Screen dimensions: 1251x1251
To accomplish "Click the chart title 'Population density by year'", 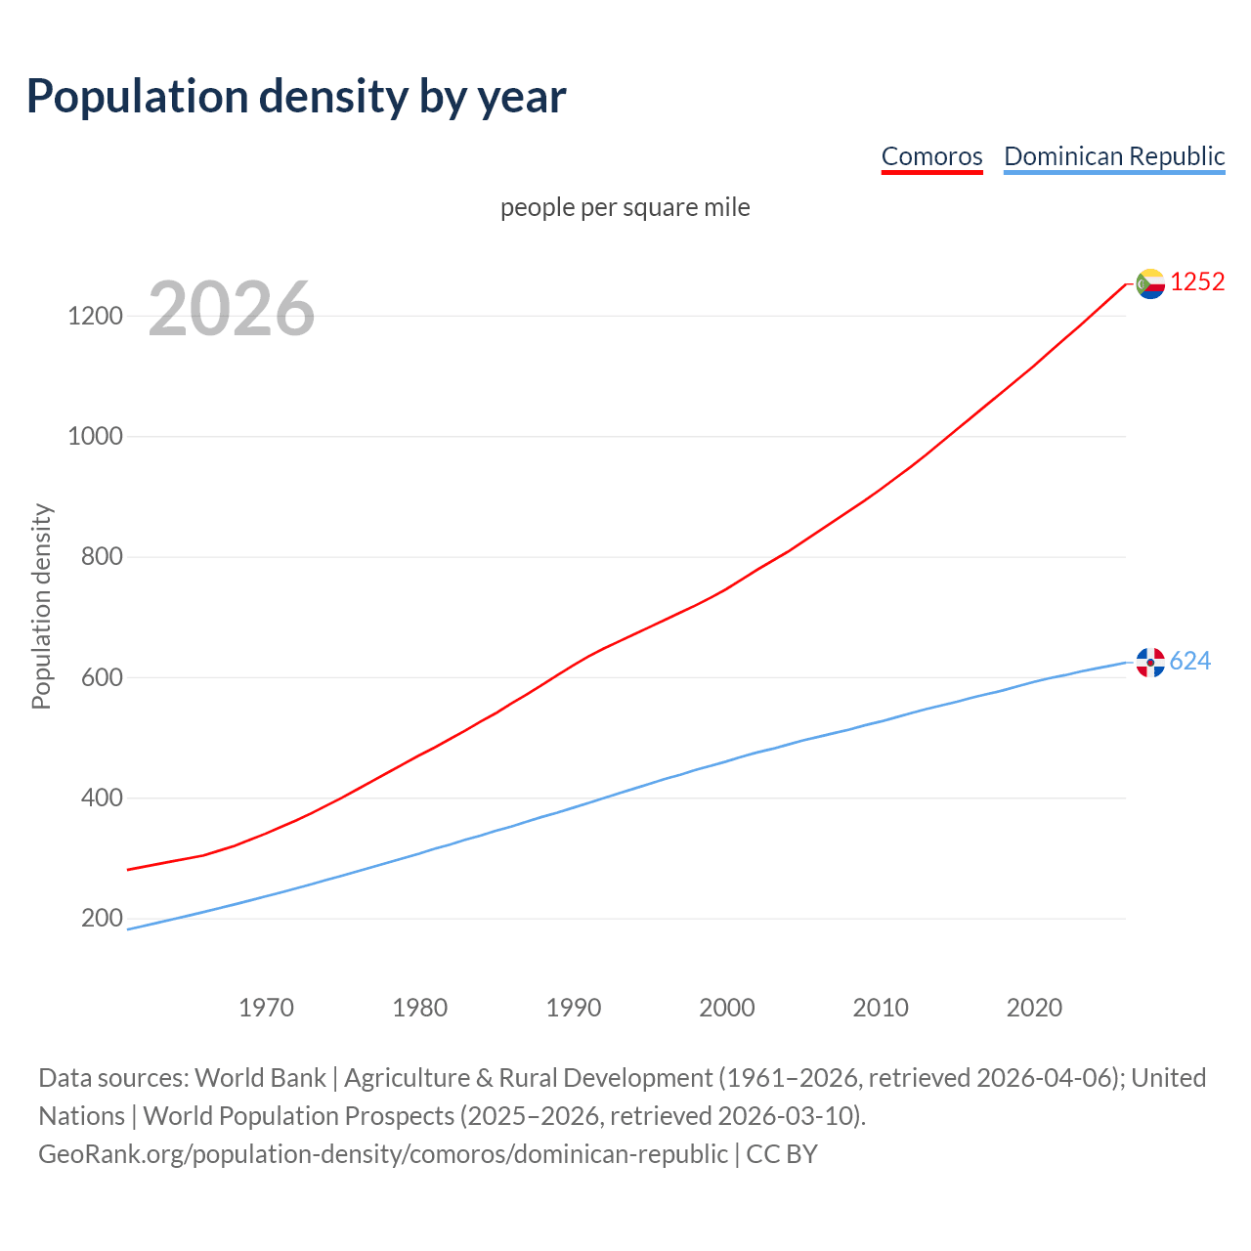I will tap(296, 96).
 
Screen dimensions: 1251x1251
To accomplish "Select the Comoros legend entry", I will tap(931, 156).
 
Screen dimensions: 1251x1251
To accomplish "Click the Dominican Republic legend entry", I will tap(1114, 156).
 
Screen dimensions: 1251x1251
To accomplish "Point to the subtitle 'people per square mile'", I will tap(625, 207).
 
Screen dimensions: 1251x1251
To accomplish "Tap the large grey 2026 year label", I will tap(232, 309).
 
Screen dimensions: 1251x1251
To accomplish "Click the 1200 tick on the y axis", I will tap(95, 316).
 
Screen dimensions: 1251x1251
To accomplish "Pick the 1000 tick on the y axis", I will tap(95, 436).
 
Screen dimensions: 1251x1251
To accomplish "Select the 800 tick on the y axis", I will tap(102, 557).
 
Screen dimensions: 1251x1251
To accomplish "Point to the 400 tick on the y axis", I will tap(102, 798).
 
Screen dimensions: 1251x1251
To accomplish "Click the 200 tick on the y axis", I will tap(102, 918).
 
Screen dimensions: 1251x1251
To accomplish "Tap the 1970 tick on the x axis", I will tap(266, 1008).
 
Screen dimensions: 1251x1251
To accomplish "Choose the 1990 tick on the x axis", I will tap(574, 1008).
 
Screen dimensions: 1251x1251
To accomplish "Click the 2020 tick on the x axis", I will tap(1034, 1008).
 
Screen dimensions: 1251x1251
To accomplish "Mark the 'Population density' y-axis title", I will tap(41, 606).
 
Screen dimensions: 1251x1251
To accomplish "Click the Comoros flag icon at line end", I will tap(1150, 283).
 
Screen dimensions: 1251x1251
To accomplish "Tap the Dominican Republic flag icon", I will tap(1150, 663).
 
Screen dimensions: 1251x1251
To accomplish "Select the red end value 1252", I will tap(1197, 281).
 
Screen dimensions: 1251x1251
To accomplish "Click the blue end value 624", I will tap(1189, 662).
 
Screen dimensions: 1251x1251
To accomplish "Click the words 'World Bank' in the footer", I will tap(260, 1077).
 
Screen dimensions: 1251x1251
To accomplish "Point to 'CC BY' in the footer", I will tap(782, 1153).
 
